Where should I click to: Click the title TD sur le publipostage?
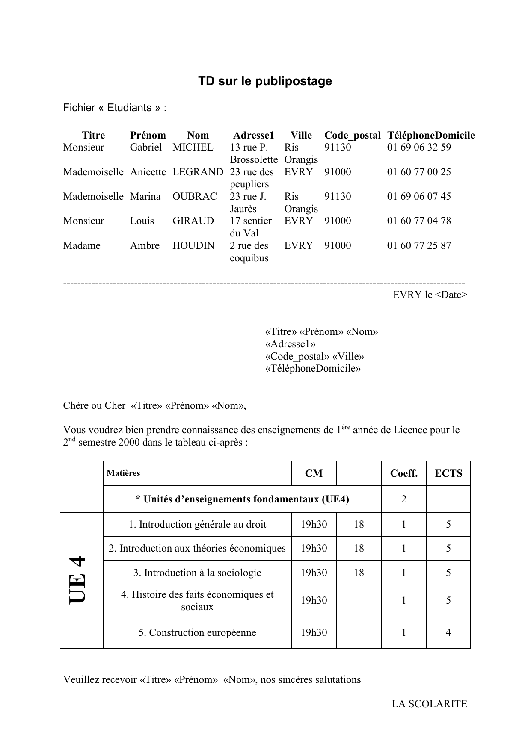point(265,81)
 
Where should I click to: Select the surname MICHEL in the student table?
point(193,148)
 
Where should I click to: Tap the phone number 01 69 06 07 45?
point(419,197)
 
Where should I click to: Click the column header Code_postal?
point(352,136)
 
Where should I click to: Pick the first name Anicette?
point(148,172)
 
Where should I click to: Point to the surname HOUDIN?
point(193,246)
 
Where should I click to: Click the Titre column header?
point(93,136)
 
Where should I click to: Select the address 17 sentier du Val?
point(250,227)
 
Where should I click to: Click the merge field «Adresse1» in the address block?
point(291,344)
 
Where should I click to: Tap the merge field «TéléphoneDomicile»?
point(313,369)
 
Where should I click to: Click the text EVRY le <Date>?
point(430,295)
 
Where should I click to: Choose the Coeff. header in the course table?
point(403,473)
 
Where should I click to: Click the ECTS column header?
point(448,473)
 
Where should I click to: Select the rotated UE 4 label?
point(78,579)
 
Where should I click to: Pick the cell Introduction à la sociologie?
point(197,573)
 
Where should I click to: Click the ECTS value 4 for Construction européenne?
point(448,633)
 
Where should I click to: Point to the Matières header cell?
point(124,473)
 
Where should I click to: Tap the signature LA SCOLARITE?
point(429,704)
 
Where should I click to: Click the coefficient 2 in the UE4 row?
point(403,499)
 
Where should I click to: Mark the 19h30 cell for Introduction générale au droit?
point(314,525)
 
